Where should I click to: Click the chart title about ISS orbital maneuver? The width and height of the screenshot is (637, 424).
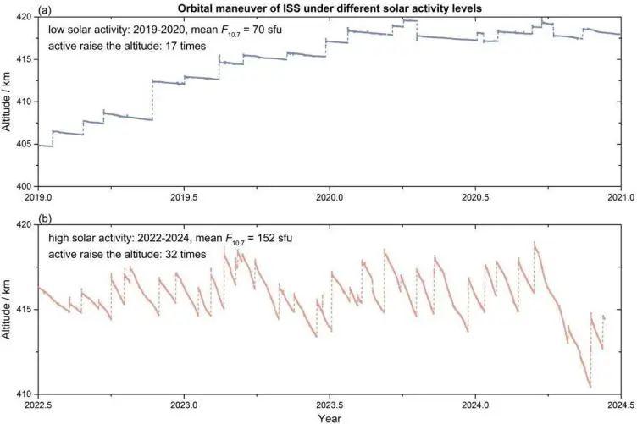[x=330, y=7]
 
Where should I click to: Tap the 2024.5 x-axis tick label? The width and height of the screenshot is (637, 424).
[x=621, y=405]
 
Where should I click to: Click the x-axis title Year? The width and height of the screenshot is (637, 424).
[x=330, y=418]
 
